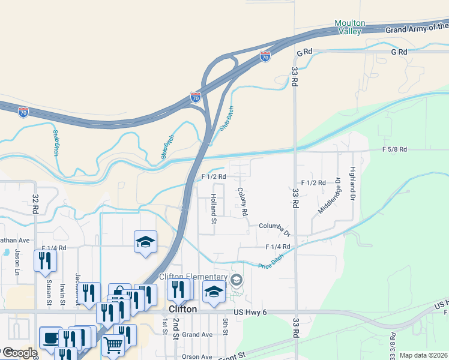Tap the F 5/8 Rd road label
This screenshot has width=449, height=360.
pyautogui.click(x=394, y=149)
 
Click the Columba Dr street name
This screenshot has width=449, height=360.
pyautogui.click(x=274, y=227)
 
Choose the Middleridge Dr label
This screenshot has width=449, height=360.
pyautogui.click(x=330, y=200)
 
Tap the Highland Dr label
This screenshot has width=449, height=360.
pyautogui.click(x=353, y=184)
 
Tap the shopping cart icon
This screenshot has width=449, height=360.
pyautogui.click(x=113, y=345)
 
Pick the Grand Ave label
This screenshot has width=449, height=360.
pyautogui.click(x=197, y=334)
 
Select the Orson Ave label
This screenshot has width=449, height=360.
pyautogui.click(x=197, y=356)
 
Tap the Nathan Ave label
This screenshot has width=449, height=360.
pyautogui.click(x=14, y=240)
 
